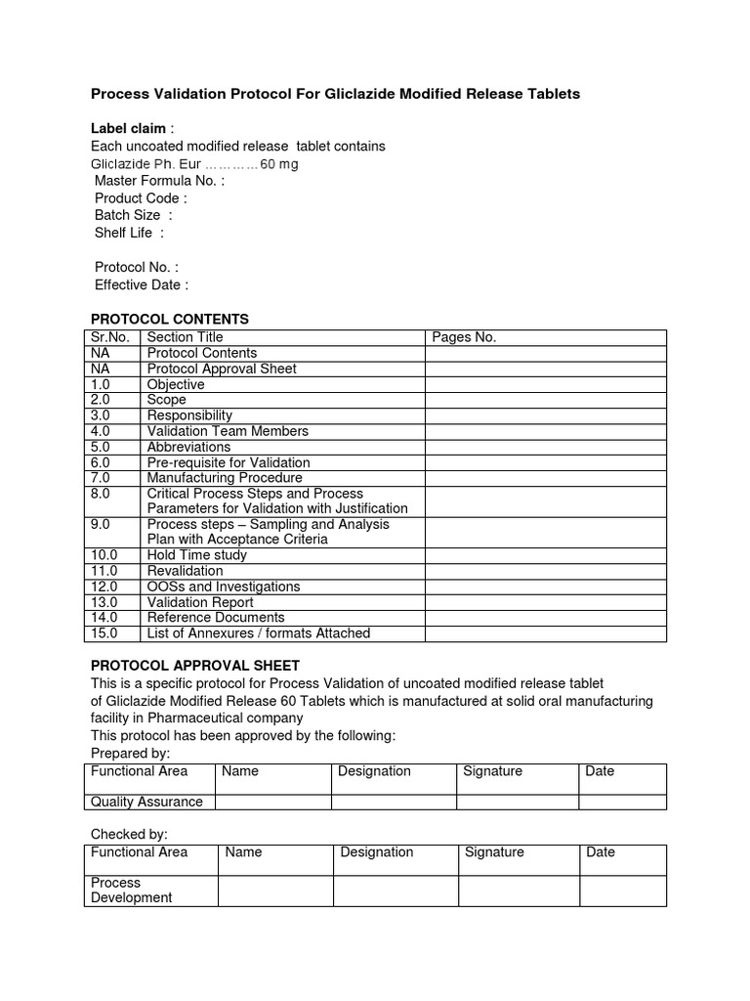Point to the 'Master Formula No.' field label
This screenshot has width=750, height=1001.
click(159, 181)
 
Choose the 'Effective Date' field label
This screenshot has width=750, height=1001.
click(141, 284)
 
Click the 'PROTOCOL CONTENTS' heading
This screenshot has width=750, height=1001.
click(169, 320)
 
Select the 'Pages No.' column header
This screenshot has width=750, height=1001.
click(464, 337)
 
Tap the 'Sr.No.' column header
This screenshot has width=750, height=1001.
click(110, 337)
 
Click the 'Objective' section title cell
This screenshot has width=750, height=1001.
click(176, 384)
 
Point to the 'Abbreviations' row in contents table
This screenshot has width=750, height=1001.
click(188, 447)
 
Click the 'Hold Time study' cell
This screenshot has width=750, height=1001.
click(196, 555)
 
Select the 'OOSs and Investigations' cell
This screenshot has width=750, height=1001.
click(223, 587)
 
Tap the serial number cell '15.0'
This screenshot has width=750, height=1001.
click(104, 633)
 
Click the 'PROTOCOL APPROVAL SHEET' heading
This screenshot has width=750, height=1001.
click(194, 666)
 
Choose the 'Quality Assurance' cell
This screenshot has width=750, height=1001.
click(146, 802)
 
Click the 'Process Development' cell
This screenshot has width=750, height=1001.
click(131, 890)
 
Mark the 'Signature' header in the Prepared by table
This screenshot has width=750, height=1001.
click(492, 771)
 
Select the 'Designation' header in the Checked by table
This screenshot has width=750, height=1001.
click(376, 852)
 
